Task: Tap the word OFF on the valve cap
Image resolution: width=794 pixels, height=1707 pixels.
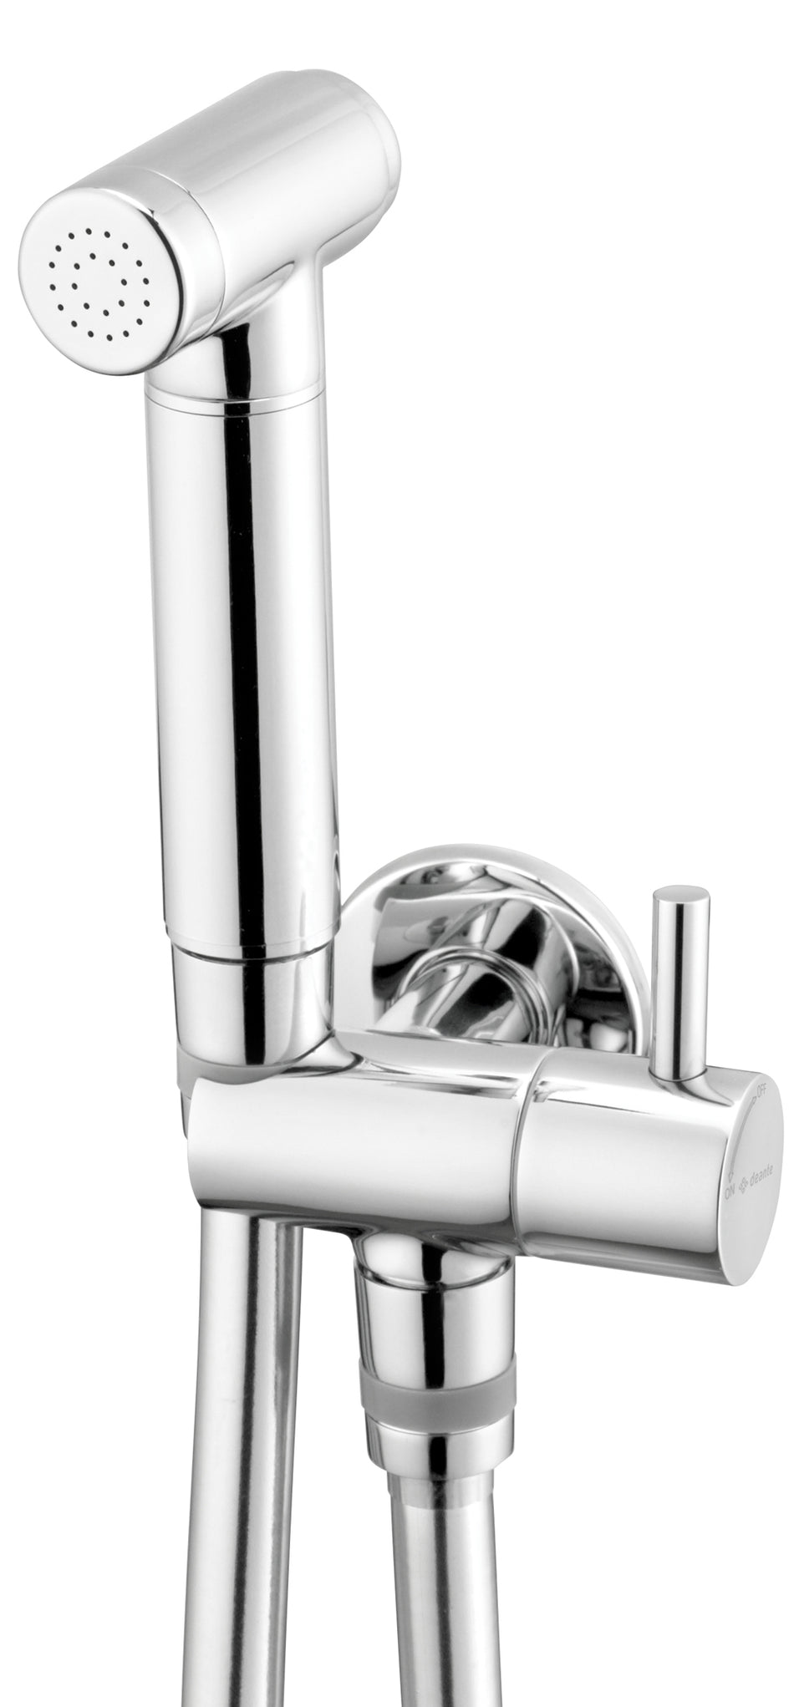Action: [x=760, y=1090]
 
